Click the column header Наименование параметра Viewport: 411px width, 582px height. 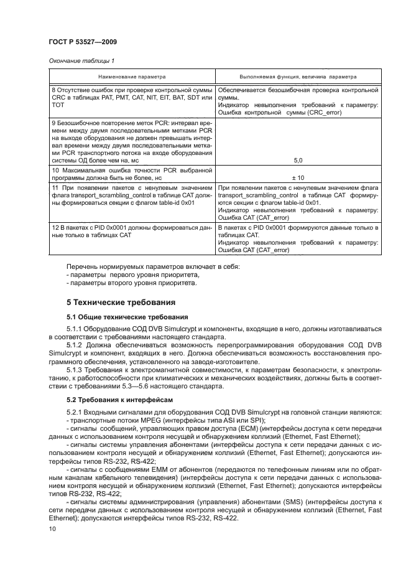click(x=131, y=77)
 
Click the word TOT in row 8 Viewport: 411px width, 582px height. click(x=58, y=105)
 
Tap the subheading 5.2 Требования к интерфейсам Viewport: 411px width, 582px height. click(x=116, y=399)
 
